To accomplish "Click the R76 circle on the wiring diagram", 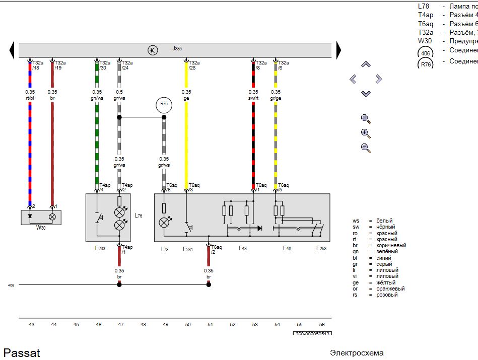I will [x=164, y=105].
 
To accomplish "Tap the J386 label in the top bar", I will [x=177, y=49].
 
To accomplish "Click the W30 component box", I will [x=41, y=217].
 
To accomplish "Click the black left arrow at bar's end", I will [x=12, y=50].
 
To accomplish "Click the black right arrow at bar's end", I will [x=339, y=50].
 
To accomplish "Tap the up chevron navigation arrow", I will [x=366, y=65].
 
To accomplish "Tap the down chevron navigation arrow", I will [x=366, y=94].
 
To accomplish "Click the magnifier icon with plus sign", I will [x=366, y=133].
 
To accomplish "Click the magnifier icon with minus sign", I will [x=366, y=148].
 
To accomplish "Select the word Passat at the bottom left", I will [x=22, y=352].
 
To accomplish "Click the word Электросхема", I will [x=357, y=353].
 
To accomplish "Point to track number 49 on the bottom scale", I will [x=165, y=325].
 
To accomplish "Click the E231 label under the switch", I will [x=188, y=249].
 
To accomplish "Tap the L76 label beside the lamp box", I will [x=139, y=215].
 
